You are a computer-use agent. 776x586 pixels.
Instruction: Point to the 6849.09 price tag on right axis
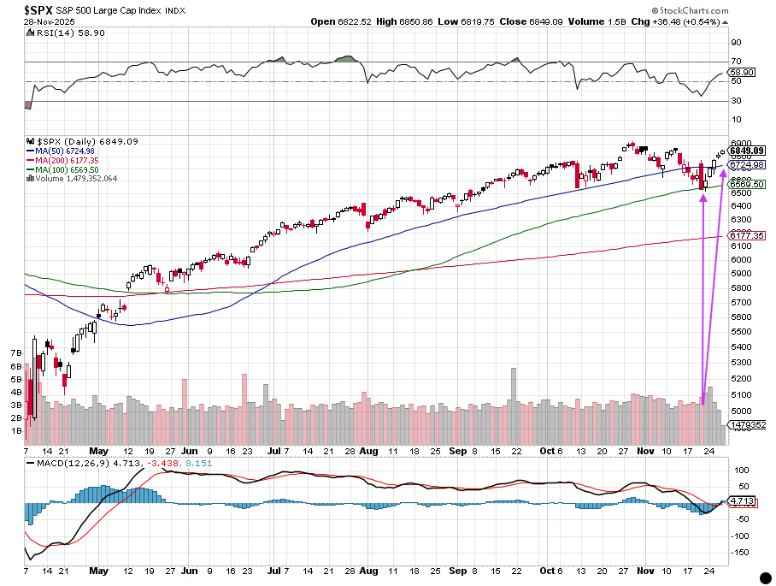pyautogui.click(x=746, y=151)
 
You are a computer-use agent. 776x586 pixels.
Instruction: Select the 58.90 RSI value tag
pyautogui.click(x=744, y=73)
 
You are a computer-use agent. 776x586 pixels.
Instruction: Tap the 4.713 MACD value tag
pyautogui.click(x=743, y=501)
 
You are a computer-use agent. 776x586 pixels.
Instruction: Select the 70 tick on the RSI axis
pyautogui.click(x=735, y=62)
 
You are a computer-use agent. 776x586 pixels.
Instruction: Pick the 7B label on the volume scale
pyautogui.click(x=15, y=352)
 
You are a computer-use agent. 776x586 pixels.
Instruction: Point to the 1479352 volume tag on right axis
pyautogui.click(x=746, y=425)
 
